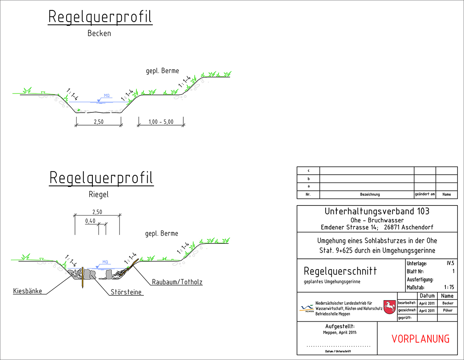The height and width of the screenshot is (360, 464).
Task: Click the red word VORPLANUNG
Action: tap(421, 339)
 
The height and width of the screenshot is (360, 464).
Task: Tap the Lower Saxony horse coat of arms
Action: tap(389, 307)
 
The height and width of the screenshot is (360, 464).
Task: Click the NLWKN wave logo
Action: tap(307, 307)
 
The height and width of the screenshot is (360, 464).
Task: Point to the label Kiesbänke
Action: tap(27, 290)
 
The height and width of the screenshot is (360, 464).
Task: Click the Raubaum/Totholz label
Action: tap(177, 282)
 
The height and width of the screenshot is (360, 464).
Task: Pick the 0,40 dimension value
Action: tap(90, 221)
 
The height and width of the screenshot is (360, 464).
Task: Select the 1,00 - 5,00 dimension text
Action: tap(161, 122)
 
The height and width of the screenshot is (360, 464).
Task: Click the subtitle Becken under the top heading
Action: tap(99, 34)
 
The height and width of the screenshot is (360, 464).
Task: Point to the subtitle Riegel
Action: tap(99, 195)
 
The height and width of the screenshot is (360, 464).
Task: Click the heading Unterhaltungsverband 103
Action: tap(377, 211)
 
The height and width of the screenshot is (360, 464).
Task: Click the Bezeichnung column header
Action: tap(370, 195)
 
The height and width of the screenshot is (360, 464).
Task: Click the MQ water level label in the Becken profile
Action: tap(106, 95)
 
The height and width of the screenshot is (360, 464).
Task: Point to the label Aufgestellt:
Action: tap(340, 326)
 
